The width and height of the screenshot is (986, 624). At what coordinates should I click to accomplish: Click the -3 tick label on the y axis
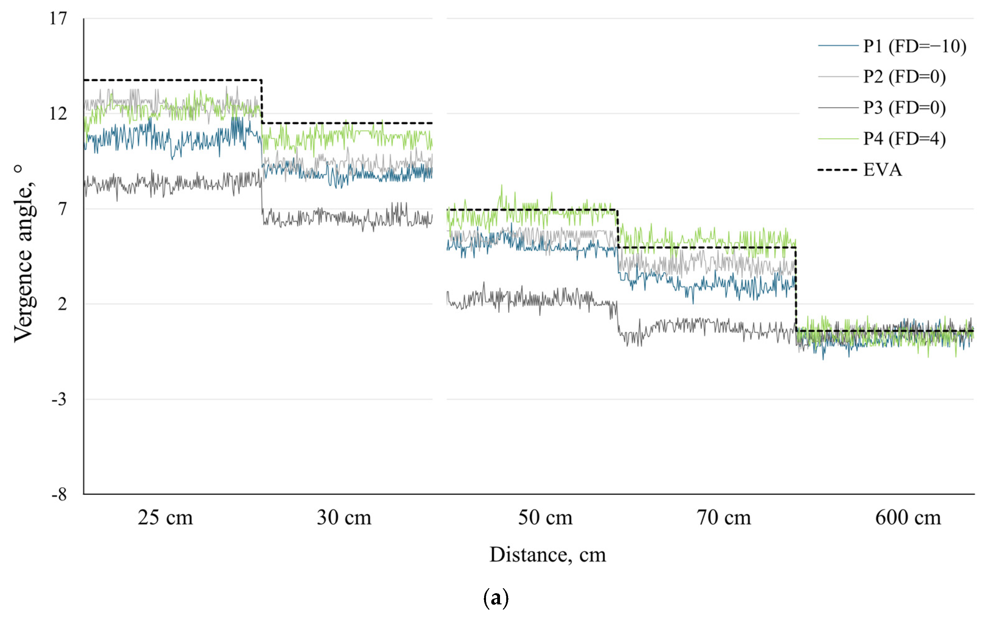pyautogui.click(x=59, y=399)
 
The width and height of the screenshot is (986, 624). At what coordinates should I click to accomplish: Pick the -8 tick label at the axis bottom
pyautogui.click(x=59, y=495)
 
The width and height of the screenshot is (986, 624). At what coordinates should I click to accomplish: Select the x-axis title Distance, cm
pyautogui.click(x=547, y=555)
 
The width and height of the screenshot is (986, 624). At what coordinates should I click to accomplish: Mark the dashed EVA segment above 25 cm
pyautogui.click(x=172, y=80)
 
